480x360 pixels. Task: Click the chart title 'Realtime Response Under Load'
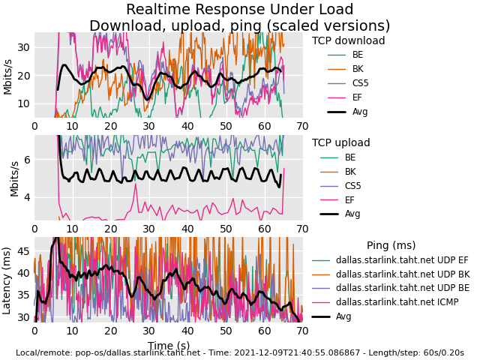239,10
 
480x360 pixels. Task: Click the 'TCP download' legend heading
348,41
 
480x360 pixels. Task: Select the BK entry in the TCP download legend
358,69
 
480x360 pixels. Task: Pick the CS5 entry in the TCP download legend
360,83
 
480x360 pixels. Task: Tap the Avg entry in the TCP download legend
360,112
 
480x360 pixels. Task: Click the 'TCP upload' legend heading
341,143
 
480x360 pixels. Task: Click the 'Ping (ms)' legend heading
391,246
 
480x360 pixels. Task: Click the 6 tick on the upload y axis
25,159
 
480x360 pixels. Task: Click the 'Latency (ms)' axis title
7,280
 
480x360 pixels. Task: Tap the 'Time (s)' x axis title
168,346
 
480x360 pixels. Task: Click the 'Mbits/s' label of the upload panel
13,178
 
